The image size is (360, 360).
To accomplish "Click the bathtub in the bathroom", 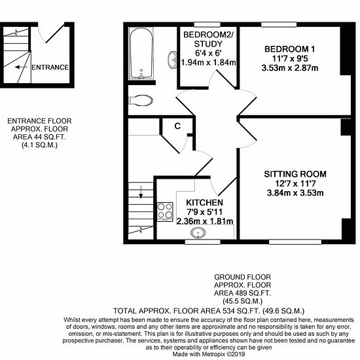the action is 141,53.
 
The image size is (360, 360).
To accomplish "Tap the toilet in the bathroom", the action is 141,100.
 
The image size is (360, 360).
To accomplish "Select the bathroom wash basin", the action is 172,60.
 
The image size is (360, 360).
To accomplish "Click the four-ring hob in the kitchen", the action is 165,211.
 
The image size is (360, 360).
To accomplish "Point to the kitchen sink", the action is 198,232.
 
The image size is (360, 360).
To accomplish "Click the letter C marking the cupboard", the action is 177,126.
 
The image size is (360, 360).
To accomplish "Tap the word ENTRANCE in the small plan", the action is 50,67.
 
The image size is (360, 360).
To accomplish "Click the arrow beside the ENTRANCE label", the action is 21,67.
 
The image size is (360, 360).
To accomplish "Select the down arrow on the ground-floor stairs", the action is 141,192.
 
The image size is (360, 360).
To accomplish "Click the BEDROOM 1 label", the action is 290,49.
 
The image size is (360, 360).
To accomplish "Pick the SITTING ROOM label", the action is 295,174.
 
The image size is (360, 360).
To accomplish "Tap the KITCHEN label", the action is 205,202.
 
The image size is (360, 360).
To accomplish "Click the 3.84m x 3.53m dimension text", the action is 295,193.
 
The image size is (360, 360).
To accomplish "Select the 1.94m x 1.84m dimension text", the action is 208,62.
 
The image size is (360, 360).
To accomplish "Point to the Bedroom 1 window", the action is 279,25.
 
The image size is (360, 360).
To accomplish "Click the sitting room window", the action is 295,242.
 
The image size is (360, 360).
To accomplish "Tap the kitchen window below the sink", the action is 203,242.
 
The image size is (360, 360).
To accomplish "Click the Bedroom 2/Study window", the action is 207,25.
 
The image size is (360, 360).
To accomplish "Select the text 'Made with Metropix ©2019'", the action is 208,354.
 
